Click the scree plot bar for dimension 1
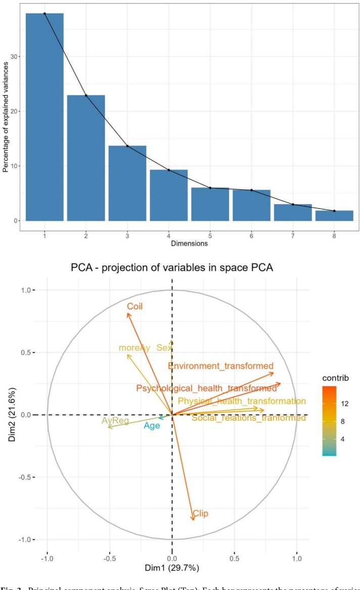44,117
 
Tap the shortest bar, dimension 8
334,216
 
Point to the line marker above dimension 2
86,95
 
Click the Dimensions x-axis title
189,243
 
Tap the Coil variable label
135,306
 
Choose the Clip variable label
201,514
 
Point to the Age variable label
152,426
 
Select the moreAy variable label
134,348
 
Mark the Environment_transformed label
221,366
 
